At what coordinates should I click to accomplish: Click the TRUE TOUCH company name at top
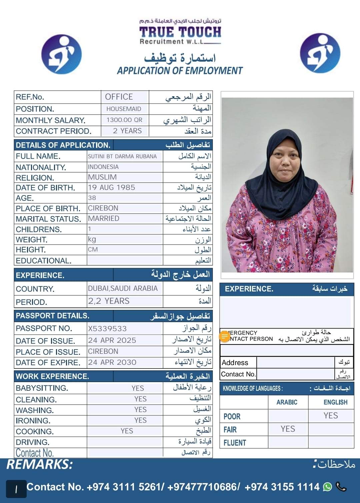click(180, 32)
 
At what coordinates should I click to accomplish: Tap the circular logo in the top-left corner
click(61, 54)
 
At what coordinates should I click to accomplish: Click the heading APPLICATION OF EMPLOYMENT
click(180, 71)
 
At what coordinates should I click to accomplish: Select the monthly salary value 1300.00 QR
click(124, 120)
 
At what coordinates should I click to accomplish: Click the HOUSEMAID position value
click(124, 109)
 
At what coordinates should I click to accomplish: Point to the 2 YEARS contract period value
click(127, 131)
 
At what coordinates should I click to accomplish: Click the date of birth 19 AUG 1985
click(112, 188)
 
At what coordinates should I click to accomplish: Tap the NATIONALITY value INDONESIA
click(103, 167)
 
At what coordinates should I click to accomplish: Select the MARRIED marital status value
click(104, 219)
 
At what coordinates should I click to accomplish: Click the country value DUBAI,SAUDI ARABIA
click(123, 288)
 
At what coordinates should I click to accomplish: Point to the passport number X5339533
click(107, 329)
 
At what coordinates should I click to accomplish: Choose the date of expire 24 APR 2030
click(112, 362)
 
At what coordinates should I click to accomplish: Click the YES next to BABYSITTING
click(138, 388)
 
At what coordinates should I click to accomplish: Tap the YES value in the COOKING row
click(127, 431)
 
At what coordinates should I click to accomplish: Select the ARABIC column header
click(287, 402)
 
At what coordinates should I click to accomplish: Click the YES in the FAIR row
click(288, 429)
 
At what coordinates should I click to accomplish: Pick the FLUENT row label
click(235, 443)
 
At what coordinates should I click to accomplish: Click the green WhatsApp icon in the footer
click(328, 487)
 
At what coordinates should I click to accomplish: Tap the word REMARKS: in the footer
click(39, 464)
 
